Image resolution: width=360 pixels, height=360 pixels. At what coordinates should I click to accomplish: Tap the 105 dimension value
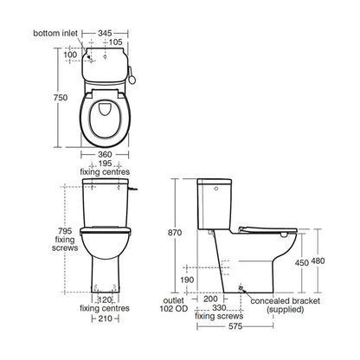[115, 41]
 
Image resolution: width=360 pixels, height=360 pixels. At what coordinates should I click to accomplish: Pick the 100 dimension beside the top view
[71, 55]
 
